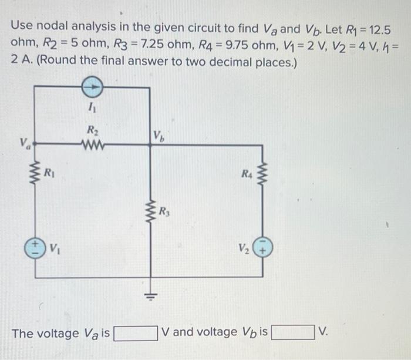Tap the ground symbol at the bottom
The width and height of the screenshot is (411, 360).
[152, 297]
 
